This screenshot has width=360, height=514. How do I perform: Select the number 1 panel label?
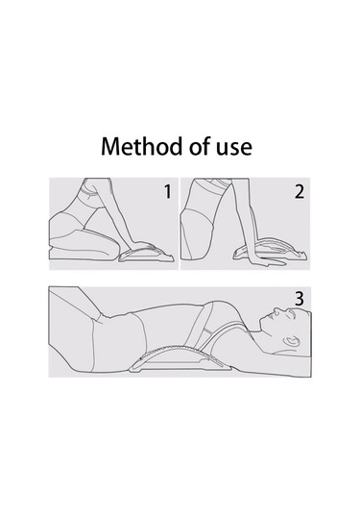point(168,192)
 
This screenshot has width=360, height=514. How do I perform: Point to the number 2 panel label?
point(300,192)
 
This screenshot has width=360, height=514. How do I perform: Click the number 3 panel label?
point(300,299)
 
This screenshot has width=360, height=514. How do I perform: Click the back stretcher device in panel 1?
point(146,253)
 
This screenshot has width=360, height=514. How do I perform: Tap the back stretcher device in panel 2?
point(272,250)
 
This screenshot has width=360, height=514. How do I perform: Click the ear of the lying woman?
point(292,341)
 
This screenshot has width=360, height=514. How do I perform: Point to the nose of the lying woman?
point(277,309)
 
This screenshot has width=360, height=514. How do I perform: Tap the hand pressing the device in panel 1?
point(141,245)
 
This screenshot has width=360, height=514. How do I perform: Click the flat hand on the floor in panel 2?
point(265,261)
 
